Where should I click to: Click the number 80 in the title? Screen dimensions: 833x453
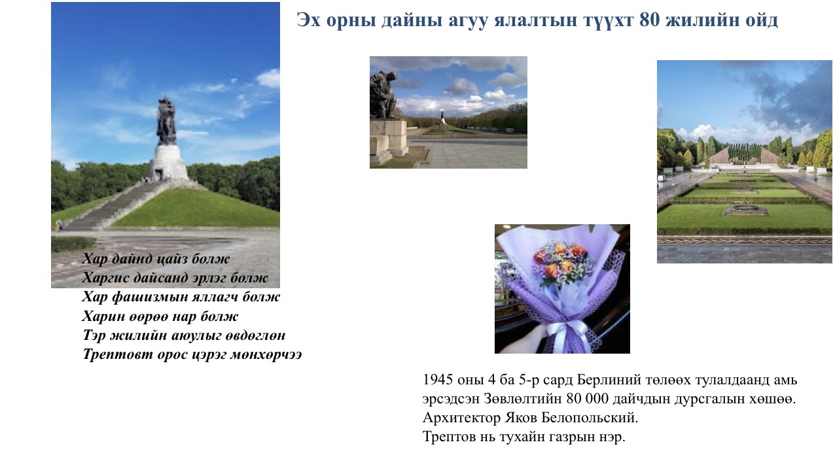(650, 20)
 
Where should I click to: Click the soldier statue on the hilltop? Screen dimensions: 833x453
(166, 121)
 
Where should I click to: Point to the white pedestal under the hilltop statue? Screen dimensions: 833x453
(168, 162)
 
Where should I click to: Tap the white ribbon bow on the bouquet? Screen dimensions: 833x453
(570, 332)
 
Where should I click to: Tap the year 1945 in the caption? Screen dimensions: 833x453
(438, 380)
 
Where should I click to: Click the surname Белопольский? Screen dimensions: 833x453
(590, 418)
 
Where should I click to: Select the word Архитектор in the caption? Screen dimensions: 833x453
(461, 418)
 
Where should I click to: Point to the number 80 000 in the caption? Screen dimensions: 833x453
(588, 399)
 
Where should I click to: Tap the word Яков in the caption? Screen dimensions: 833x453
(521, 418)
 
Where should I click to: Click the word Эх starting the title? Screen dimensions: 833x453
(308, 20)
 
